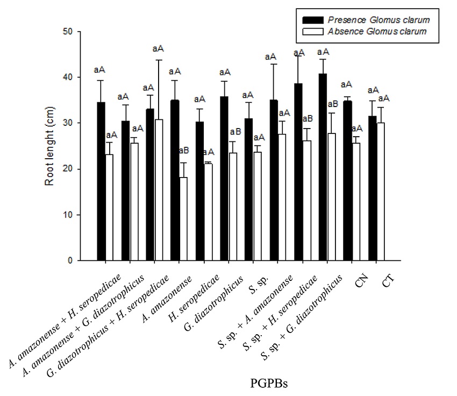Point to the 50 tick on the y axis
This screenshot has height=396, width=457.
[78, 32]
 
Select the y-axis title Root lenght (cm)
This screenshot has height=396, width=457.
[49, 146]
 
